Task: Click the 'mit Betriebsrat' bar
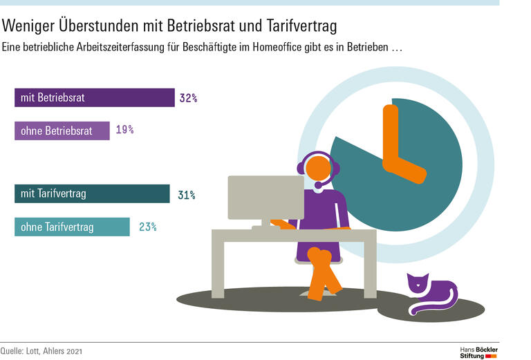click(94, 97)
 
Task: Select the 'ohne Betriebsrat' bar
click(62, 131)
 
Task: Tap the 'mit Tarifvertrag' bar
click(92, 194)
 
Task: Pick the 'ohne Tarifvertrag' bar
click(72, 227)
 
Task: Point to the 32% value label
click(188, 98)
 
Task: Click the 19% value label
click(124, 130)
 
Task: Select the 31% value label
click(186, 195)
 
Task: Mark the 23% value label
click(147, 227)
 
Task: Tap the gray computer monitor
click(265, 197)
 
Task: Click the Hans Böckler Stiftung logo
click(478, 351)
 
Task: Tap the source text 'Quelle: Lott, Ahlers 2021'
click(41, 352)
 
